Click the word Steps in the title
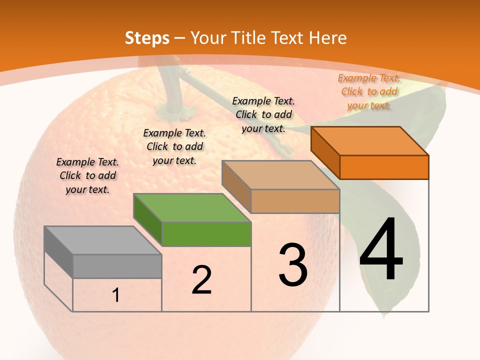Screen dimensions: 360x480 click(x=147, y=38)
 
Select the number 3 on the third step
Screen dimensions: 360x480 click(x=293, y=265)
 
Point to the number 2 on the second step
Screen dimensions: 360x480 click(x=201, y=280)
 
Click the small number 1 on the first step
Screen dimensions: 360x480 click(x=115, y=295)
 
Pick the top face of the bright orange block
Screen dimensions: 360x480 click(x=370, y=141)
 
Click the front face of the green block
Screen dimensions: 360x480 click(x=206, y=234)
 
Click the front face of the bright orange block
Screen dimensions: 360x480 click(x=384, y=167)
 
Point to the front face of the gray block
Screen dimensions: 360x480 click(x=117, y=266)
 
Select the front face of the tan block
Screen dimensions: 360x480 click(x=295, y=201)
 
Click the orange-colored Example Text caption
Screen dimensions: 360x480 click(x=369, y=91)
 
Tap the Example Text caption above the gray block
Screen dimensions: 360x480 click(x=87, y=175)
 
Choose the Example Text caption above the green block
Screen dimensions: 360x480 click(x=174, y=146)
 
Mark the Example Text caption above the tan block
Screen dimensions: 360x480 click(x=263, y=114)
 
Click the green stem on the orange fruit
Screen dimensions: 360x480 click(x=172, y=90)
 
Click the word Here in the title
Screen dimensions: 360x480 click(x=327, y=38)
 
